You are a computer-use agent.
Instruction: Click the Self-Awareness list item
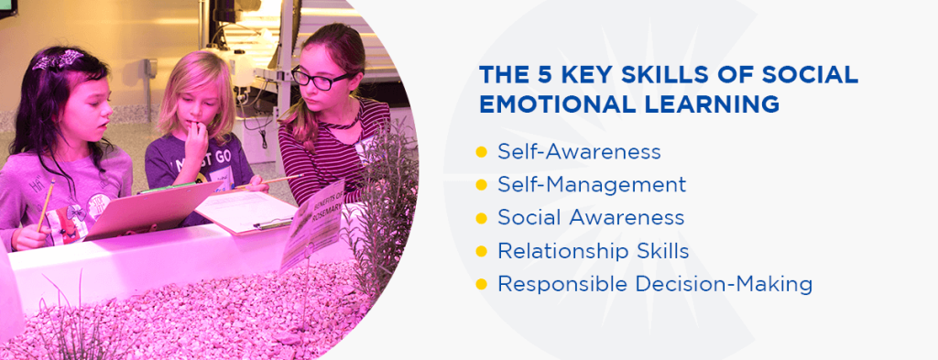pos(579,151)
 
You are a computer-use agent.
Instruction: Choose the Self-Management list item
pos(592,184)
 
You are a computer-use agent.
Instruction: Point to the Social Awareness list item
pos(591,217)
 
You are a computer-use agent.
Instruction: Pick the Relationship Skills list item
pos(594,250)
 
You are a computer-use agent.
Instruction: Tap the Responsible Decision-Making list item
pos(655,284)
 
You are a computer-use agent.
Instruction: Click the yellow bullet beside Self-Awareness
pos(481,152)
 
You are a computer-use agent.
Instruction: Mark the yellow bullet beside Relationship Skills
pos(481,251)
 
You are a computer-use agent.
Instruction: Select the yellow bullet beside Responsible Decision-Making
pos(481,284)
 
